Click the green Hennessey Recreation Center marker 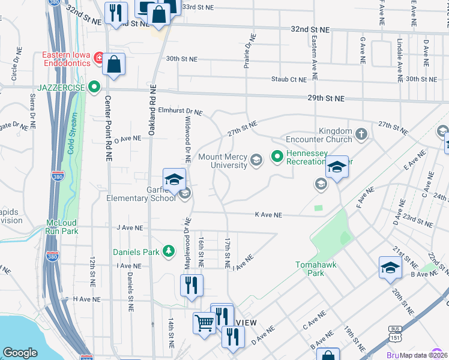point(277,157)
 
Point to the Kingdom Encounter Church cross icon point(361,134)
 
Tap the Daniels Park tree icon point(170,250)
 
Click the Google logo point(20,353)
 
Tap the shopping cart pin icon point(205,324)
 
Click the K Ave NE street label point(268,214)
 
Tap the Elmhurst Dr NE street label point(181,112)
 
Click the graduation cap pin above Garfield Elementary point(174,180)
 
